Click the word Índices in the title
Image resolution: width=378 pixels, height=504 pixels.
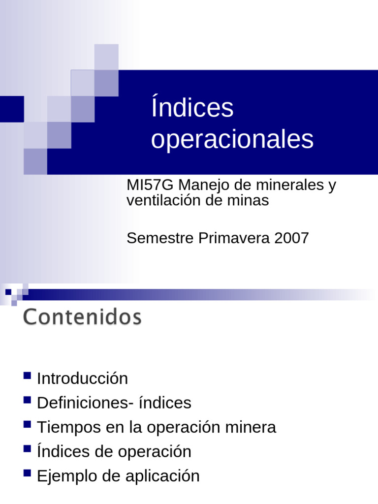pos(192,108)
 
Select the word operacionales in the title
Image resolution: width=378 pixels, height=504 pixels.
pos(232,140)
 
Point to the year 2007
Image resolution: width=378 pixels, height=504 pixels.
pos(292,238)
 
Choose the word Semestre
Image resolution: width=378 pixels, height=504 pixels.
pos(160,238)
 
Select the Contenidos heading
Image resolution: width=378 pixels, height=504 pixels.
pos(82,317)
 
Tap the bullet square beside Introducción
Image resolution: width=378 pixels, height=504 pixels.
pos(27,377)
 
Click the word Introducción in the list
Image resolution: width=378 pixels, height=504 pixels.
pos(82,378)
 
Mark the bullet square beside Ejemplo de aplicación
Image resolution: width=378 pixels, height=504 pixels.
pos(27,474)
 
